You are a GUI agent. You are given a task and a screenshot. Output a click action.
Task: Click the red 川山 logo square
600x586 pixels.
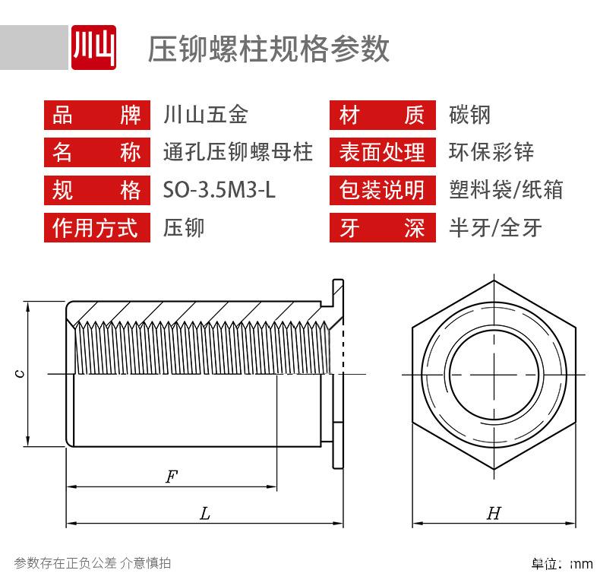coord(93,48)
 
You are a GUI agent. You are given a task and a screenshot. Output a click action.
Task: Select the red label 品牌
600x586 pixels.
coord(96,116)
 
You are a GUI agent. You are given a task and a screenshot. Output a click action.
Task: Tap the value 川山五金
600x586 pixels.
coord(206,116)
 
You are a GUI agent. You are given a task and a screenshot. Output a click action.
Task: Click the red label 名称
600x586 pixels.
coord(96,153)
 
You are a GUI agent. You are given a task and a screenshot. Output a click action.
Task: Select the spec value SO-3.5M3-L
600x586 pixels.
coord(219,190)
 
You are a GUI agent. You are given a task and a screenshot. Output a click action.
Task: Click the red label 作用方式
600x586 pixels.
coord(96,227)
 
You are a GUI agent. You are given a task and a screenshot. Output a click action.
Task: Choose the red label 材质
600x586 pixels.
coord(382,116)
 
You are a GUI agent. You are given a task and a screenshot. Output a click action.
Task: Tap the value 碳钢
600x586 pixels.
coord(470,116)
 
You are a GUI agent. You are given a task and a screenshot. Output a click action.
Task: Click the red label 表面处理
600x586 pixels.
coord(382,153)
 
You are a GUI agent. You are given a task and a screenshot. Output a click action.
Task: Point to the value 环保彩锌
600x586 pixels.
coord(491,153)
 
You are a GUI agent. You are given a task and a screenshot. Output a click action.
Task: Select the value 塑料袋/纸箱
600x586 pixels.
coord(506,190)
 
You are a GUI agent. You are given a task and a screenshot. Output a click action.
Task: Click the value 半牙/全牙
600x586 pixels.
coord(495,227)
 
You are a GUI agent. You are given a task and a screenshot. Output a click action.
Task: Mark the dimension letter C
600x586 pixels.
coord(21,373)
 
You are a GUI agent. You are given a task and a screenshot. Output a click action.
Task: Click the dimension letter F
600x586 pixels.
coord(172,477)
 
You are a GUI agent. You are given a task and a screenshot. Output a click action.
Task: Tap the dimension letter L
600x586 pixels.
coord(204,515)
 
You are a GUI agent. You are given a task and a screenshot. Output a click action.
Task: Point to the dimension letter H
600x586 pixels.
coord(494,515)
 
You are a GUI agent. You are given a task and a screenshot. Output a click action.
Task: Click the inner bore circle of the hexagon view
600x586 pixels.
coord(494,373)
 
